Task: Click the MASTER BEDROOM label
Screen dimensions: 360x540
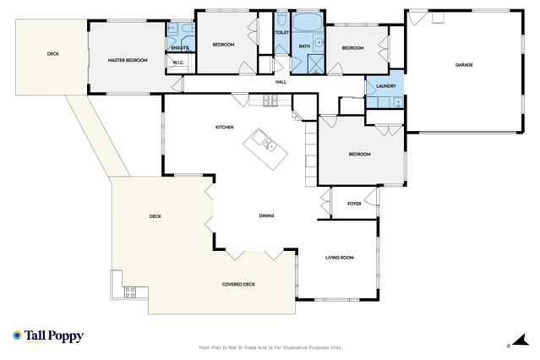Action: point(128,61)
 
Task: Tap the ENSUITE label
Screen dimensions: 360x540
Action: point(179,47)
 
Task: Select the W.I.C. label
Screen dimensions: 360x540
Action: point(178,62)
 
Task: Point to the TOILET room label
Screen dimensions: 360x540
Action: point(281,33)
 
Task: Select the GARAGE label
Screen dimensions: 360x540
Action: point(463,64)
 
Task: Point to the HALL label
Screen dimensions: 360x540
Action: point(281,82)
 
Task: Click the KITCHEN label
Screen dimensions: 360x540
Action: point(224,127)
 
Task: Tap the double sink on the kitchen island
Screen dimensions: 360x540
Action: point(267,145)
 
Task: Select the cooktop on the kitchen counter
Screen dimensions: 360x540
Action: point(270,101)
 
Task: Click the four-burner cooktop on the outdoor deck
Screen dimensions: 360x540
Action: point(130,293)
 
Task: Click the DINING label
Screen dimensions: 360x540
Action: point(266,216)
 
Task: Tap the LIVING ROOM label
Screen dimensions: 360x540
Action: point(339,257)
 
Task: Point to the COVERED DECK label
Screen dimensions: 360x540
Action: point(238,284)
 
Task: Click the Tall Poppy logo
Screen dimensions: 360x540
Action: point(48,336)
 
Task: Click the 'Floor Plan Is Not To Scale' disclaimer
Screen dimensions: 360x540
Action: point(270,346)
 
